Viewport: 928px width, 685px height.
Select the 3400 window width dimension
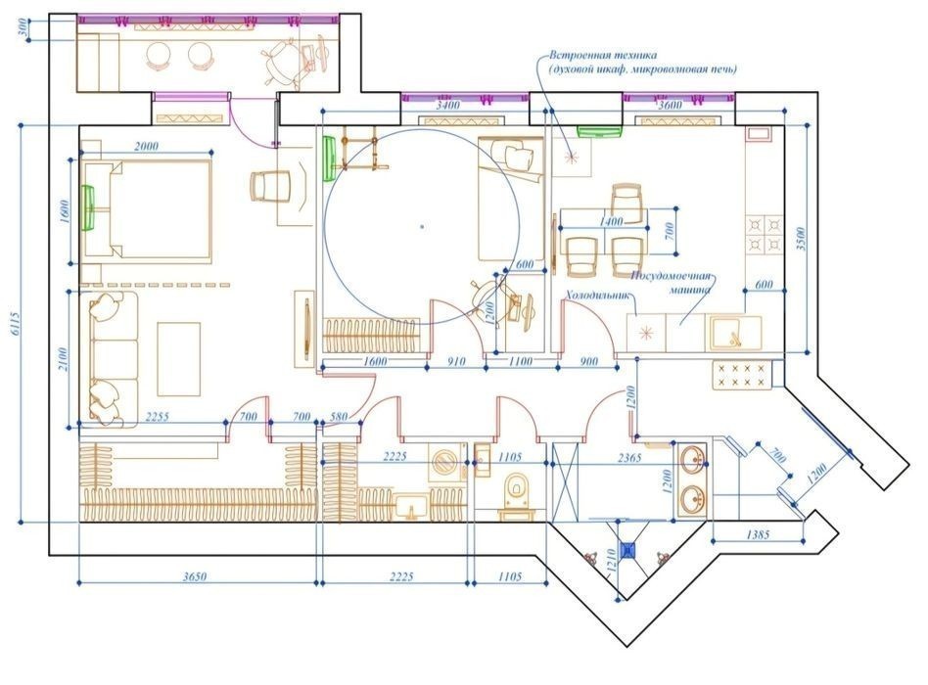pos(448,104)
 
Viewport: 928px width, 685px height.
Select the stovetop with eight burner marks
pos(742,373)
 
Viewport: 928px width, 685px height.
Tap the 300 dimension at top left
pos(22,28)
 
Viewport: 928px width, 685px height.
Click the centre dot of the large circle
pos(421,226)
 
